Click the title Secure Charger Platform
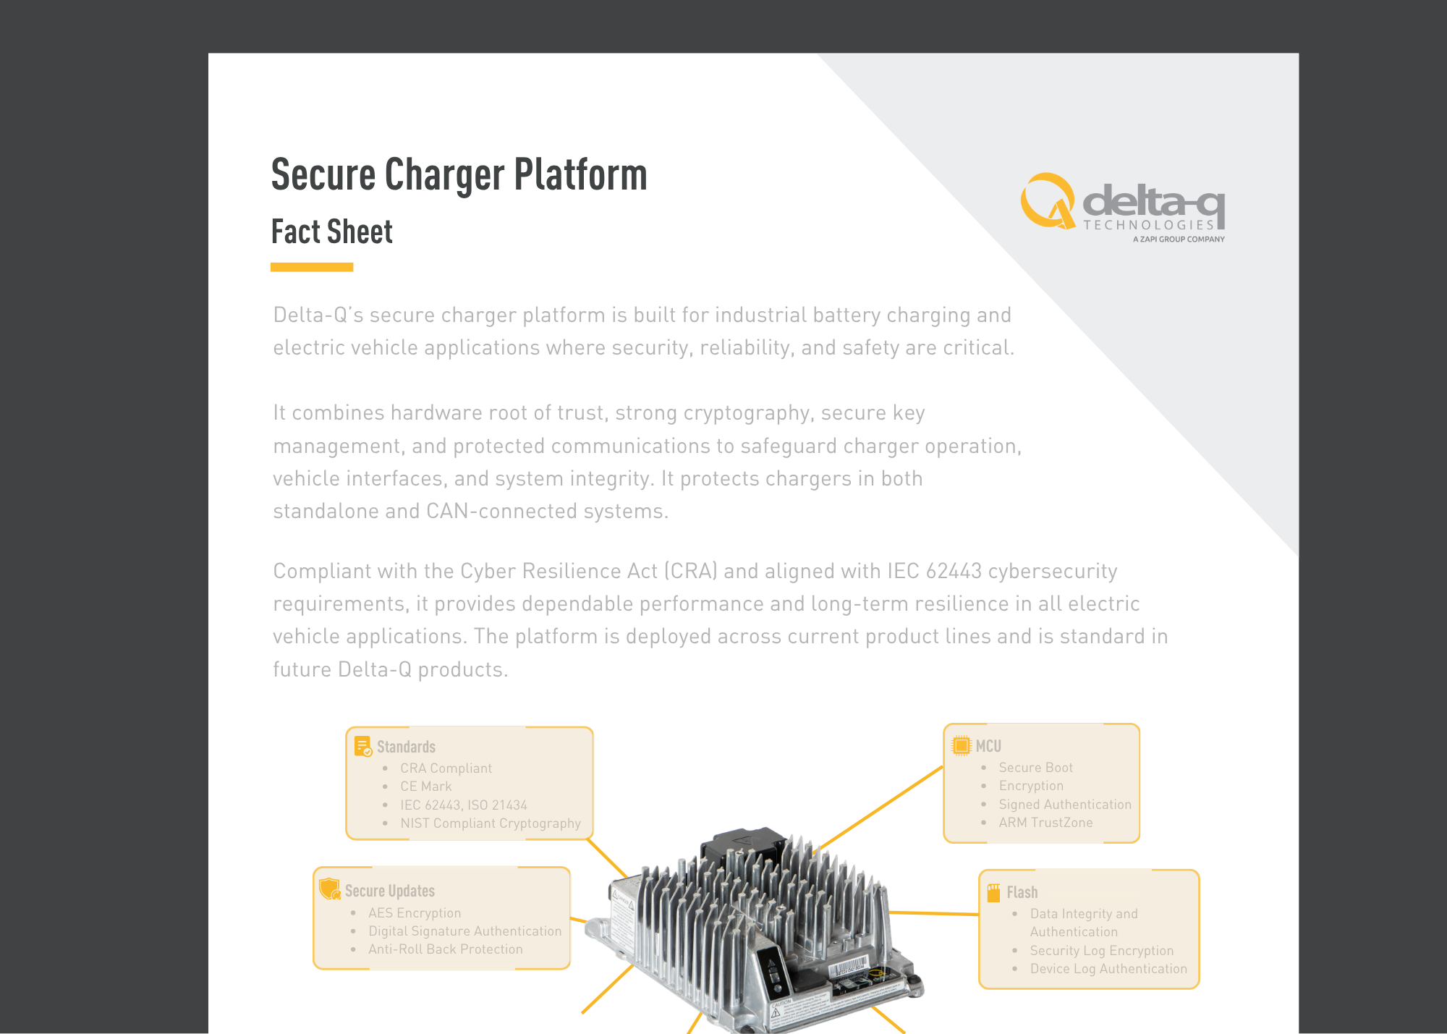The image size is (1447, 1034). [459, 175]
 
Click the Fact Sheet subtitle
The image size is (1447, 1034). [332, 232]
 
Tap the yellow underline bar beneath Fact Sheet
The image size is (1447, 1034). [312, 267]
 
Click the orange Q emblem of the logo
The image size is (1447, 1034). [1048, 200]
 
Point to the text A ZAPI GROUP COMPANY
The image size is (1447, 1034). [1179, 239]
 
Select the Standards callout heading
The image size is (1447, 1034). [406, 747]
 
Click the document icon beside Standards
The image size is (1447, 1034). [362, 746]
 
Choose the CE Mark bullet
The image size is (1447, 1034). [425, 787]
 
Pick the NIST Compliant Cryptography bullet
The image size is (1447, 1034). [491, 823]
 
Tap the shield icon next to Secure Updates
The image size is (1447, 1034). [330, 889]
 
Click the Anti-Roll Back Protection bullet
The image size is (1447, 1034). [445, 949]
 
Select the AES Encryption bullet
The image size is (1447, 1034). [415, 913]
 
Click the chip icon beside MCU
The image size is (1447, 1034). [962, 745]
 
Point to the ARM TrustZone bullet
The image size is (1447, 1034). [1045, 823]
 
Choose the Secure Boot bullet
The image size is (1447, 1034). [1035, 768]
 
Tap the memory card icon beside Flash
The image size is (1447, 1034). [994, 893]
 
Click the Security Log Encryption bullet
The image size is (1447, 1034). [1102, 951]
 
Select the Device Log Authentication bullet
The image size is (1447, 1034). [1108, 969]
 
